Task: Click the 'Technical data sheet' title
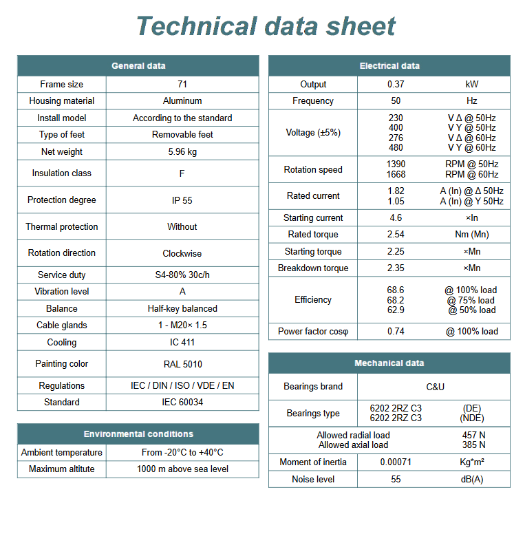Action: tap(266, 26)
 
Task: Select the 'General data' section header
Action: tap(138, 66)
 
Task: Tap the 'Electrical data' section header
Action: tap(389, 66)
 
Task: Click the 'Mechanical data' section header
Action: tap(389, 363)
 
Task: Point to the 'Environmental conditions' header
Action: tap(138, 434)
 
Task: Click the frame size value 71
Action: tap(182, 85)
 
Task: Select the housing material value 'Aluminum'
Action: tap(182, 101)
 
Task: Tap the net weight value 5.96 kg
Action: tap(182, 152)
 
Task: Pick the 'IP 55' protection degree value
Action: tap(182, 200)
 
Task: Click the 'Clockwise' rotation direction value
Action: tap(182, 253)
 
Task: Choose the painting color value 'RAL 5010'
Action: tap(182, 364)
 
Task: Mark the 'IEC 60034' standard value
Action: tap(182, 403)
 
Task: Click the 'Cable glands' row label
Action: tap(62, 325)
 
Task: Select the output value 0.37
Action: tap(396, 85)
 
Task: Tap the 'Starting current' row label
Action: tap(313, 218)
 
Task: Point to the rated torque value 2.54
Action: tap(396, 235)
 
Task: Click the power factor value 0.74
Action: tap(396, 332)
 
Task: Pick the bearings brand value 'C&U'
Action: tap(435, 387)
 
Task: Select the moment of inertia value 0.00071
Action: tap(396, 462)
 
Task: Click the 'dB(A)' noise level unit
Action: tap(472, 480)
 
